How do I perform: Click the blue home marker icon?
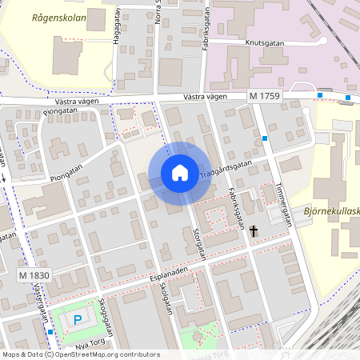click(x=179, y=173)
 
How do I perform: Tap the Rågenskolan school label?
click(x=58, y=17)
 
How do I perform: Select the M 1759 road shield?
click(x=264, y=96)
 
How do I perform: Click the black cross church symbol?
click(x=254, y=232)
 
